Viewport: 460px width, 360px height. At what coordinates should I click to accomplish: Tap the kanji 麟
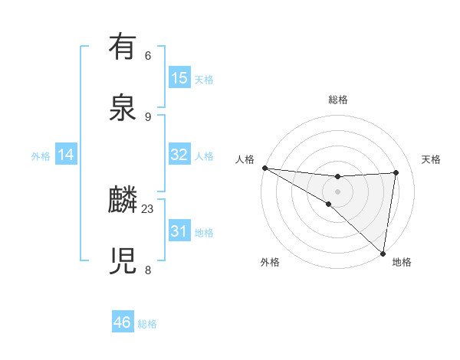pyautogui.click(x=123, y=201)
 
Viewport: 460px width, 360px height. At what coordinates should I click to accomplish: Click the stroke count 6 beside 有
pyautogui.click(x=148, y=56)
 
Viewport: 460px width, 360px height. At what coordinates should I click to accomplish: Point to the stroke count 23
pyautogui.click(x=148, y=208)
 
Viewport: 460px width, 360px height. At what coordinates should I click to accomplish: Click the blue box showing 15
pyautogui.click(x=179, y=78)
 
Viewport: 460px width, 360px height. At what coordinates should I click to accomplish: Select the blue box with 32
pyautogui.click(x=179, y=155)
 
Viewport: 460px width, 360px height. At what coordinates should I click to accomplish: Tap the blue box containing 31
pyautogui.click(x=179, y=231)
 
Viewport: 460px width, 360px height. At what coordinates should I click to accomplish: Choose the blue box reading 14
pyautogui.click(x=66, y=155)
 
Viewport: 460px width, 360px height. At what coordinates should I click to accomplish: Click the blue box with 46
pyautogui.click(x=123, y=322)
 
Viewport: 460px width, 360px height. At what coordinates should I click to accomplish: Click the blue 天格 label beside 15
pyautogui.click(x=204, y=80)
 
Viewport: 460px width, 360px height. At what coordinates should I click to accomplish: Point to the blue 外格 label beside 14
pyautogui.click(x=41, y=156)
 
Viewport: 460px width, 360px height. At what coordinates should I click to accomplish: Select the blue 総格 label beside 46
pyautogui.click(x=147, y=324)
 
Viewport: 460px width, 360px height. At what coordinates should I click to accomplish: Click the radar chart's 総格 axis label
pyautogui.click(x=338, y=100)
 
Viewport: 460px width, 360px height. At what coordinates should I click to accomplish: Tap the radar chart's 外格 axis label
pyautogui.click(x=270, y=262)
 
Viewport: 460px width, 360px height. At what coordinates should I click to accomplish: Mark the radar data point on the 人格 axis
pyautogui.click(x=264, y=167)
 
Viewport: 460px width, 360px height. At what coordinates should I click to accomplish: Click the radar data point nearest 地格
pyautogui.click(x=383, y=253)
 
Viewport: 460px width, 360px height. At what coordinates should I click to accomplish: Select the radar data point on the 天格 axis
pyautogui.click(x=396, y=172)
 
